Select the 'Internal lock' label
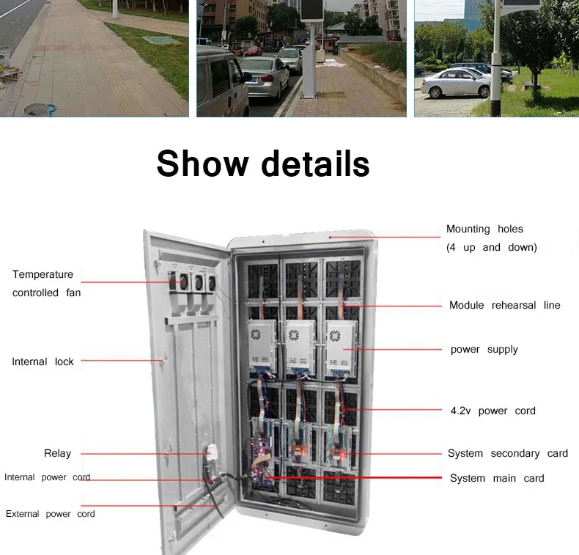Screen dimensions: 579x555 (43, 361)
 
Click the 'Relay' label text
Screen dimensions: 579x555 (57, 453)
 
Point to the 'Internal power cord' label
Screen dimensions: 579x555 (47, 477)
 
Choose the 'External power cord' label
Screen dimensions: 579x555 (50, 514)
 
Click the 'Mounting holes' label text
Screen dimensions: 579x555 (484, 229)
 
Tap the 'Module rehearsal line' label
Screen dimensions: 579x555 (504, 305)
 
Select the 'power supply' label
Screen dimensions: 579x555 (484, 349)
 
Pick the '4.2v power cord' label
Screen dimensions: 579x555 (493, 411)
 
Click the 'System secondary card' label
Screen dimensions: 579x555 (507, 453)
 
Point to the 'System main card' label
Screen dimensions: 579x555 (496, 478)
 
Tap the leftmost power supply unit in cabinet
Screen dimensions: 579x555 (262, 345)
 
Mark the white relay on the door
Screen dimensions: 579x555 (213, 453)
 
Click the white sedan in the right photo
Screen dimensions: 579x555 (455, 84)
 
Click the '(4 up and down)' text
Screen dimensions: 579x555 (491, 247)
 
